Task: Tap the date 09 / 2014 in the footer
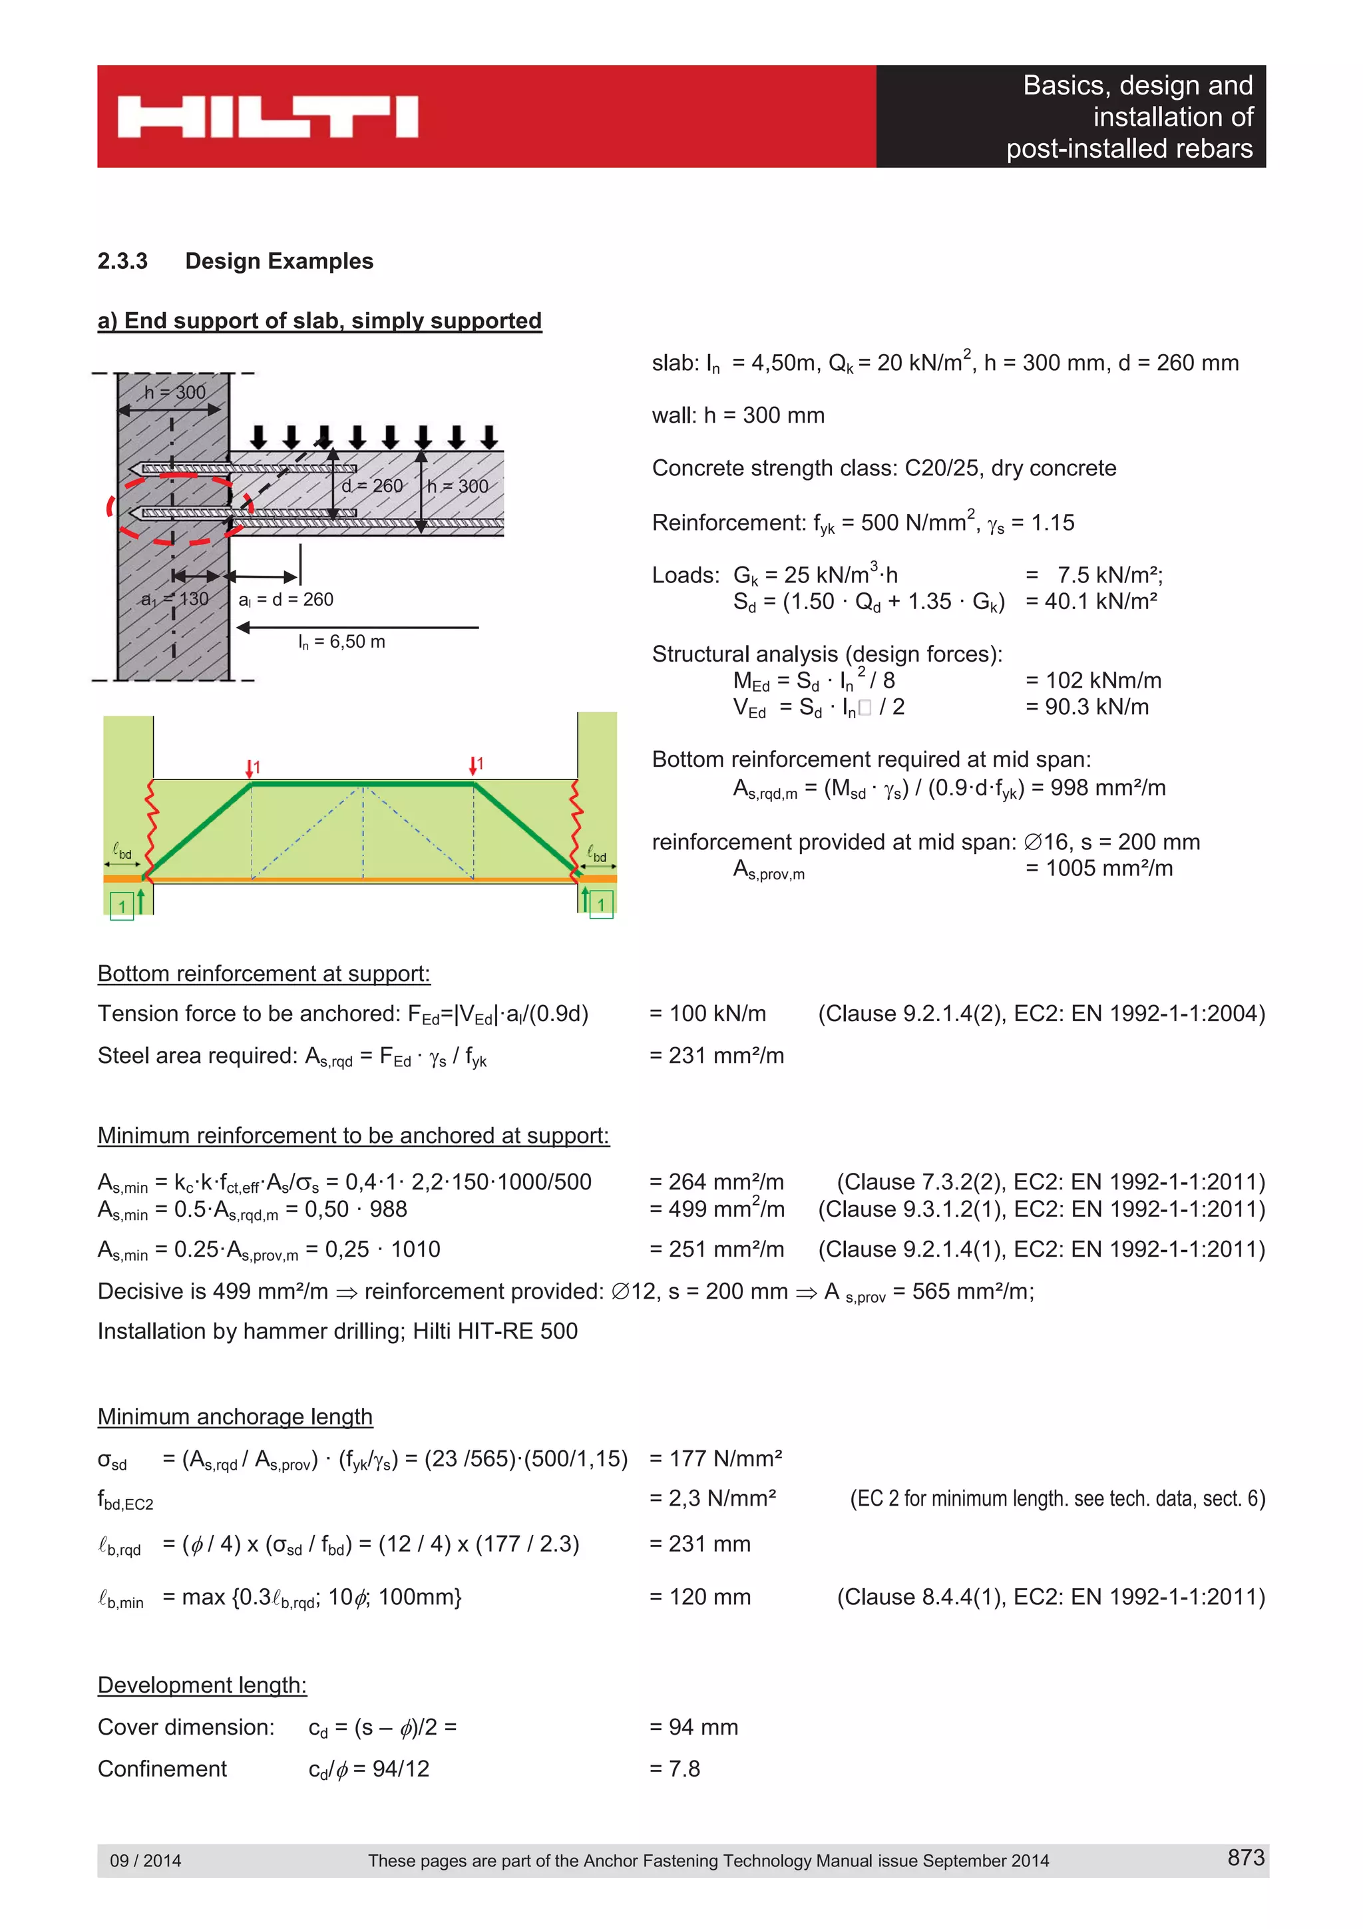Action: (x=145, y=1860)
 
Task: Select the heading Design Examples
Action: (x=279, y=262)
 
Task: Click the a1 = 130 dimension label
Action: (x=174, y=599)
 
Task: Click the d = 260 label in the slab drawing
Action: (x=372, y=487)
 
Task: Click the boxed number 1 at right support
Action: (x=601, y=904)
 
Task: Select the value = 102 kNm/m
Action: (x=1093, y=680)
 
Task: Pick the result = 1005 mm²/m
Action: (x=1099, y=868)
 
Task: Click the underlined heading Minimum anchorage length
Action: (x=234, y=1416)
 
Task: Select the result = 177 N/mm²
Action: (x=715, y=1458)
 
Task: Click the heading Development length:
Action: (x=202, y=1685)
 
